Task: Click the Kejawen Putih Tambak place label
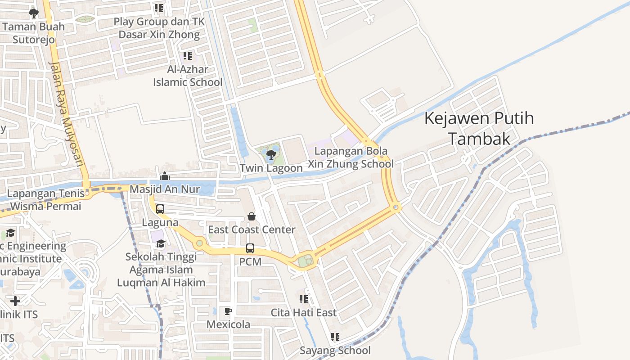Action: [x=479, y=128]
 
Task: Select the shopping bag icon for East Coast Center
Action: [x=252, y=217]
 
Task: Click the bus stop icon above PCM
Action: [x=250, y=248]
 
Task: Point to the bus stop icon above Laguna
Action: [x=160, y=209]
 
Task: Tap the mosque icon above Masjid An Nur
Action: [x=165, y=176]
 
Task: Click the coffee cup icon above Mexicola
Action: [x=228, y=311]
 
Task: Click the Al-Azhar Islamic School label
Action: [x=188, y=76]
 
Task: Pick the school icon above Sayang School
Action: [x=335, y=337]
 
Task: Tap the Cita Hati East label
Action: [x=303, y=312]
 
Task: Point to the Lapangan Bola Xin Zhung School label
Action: [x=351, y=157]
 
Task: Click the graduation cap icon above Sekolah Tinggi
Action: [x=161, y=244]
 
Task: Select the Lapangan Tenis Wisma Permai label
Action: [x=45, y=200]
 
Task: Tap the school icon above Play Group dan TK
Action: [x=158, y=8]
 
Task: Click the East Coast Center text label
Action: [x=252, y=229]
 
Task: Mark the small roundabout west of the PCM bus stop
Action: [x=199, y=243]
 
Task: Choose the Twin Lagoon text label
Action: [x=271, y=168]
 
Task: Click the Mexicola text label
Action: [x=228, y=324]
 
